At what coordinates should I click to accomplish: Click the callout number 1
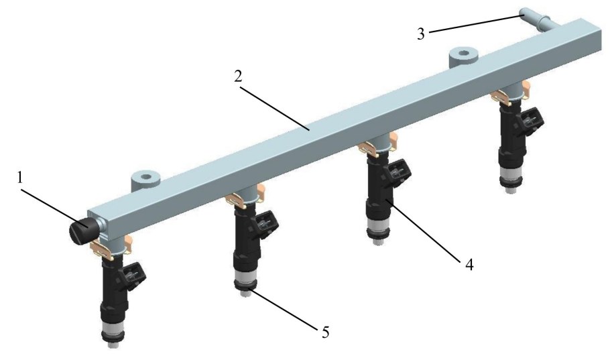click(x=20, y=178)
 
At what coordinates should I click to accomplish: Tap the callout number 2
click(x=239, y=76)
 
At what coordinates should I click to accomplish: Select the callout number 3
click(x=421, y=34)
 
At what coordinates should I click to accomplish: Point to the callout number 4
click(x=469, y=265)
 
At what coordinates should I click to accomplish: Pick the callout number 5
click(x=326, y=332)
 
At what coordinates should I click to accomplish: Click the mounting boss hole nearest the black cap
click(x=146, y=177)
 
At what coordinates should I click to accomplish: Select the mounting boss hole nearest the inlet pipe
click(x=463, y=52)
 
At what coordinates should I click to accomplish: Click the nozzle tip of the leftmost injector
click(x=113, y=344)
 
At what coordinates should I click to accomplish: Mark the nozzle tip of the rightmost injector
click(x=510, y=190)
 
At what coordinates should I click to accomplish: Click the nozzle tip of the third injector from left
click(x=376, y=241)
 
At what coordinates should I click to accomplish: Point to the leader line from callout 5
click(x=284, y=308)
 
